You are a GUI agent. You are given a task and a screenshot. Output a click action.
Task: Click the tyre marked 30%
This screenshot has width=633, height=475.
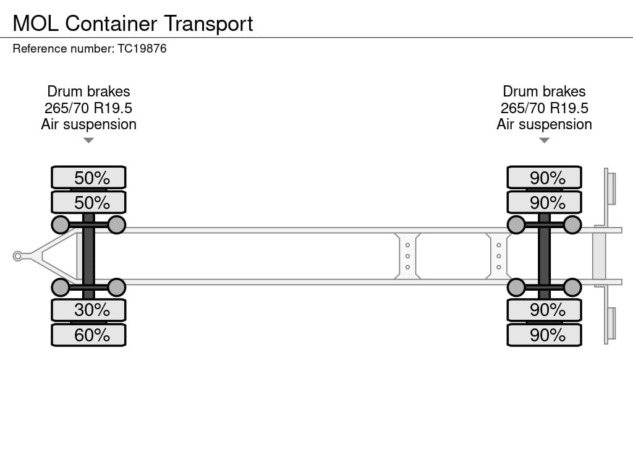coord(88,309)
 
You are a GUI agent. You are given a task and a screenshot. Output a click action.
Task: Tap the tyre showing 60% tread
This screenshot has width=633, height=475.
coord(88,335)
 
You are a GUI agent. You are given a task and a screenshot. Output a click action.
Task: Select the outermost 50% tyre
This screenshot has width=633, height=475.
coord(88,178)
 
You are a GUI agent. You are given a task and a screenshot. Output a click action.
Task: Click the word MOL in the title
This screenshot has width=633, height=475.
coord(36,24)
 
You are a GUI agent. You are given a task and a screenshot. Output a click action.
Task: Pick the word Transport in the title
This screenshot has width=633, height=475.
coord(208,24)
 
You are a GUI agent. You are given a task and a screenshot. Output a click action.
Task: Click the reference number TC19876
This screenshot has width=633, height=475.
coord(142,48)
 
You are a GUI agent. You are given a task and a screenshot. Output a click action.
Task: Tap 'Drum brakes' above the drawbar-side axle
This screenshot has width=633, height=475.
coord(88,92)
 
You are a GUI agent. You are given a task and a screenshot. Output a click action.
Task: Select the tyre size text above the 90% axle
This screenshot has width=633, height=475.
coord(544,108)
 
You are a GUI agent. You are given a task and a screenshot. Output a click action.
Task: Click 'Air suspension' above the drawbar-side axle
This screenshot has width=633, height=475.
coord(88,124)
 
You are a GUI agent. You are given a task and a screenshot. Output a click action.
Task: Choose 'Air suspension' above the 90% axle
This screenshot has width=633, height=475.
coord(544,124)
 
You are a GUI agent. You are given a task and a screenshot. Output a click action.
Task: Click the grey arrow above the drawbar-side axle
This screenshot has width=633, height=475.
coord(88,140)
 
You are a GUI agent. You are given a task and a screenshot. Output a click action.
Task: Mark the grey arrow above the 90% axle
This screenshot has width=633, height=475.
coord(544,140)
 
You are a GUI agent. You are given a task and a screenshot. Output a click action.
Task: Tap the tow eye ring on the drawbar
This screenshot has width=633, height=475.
coord(18,256)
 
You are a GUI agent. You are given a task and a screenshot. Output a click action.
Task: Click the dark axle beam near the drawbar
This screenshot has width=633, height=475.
coord(88,256)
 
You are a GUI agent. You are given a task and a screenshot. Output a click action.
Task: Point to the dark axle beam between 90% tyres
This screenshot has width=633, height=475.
coord(544,256)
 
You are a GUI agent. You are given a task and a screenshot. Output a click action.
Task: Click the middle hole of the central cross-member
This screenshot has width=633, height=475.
coord(408,256)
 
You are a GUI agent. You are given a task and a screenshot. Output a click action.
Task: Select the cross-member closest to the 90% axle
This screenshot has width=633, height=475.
coord(498,256)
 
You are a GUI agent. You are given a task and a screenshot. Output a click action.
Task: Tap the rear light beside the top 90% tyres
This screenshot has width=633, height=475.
coord(611,188)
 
